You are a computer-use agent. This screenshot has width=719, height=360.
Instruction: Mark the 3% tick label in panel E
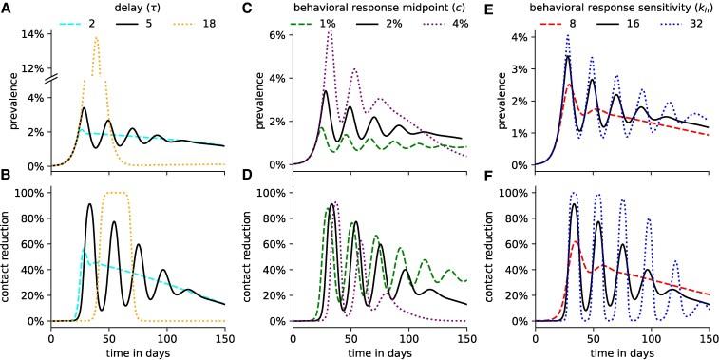tap(520, 69)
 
